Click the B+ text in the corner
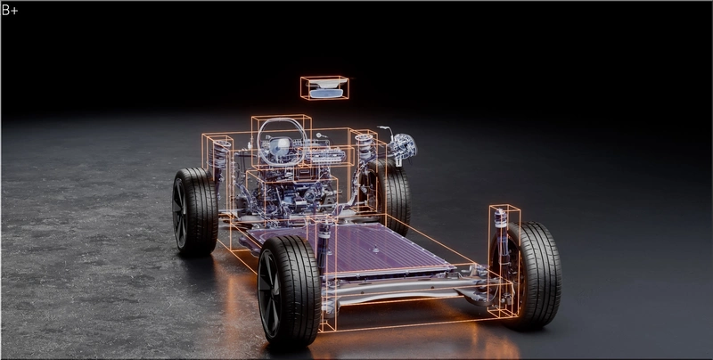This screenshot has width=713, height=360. tap(10, 10)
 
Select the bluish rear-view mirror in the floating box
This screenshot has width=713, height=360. tap(325, 94)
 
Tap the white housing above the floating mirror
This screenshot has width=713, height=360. tap(326, 83)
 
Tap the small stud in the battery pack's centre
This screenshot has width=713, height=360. tap(375, 250)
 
